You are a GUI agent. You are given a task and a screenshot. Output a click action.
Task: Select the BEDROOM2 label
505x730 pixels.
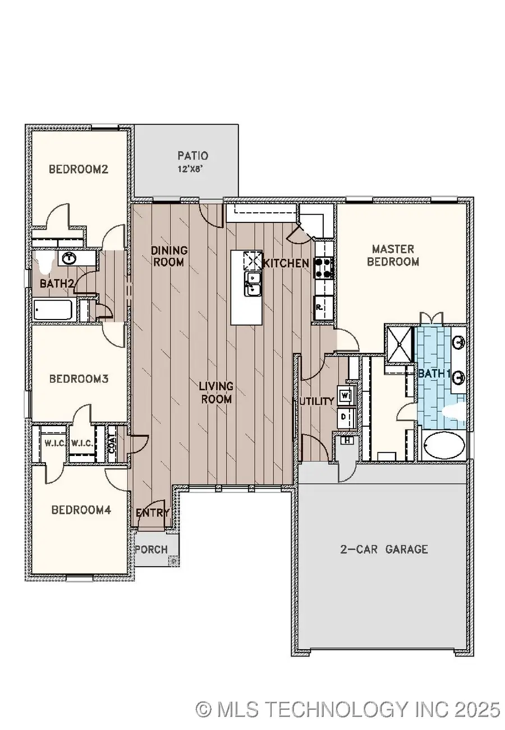[x=78, y=169]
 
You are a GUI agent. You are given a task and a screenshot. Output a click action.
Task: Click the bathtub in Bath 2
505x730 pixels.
[x=53, y=310]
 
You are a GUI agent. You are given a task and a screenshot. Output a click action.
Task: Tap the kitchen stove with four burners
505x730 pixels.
[x=324, y=268]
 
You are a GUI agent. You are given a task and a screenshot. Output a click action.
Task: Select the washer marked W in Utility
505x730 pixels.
[x=345, y=394]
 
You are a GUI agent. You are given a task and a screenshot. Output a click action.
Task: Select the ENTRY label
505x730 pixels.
[x=153, y=512]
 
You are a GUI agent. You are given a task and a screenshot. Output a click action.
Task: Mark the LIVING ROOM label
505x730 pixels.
[x=216, y=393]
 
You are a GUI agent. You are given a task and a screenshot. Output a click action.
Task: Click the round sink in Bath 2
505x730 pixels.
[x=69, y=258]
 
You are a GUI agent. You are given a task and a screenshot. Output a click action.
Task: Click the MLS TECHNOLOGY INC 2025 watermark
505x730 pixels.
[x=347, y=709]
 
